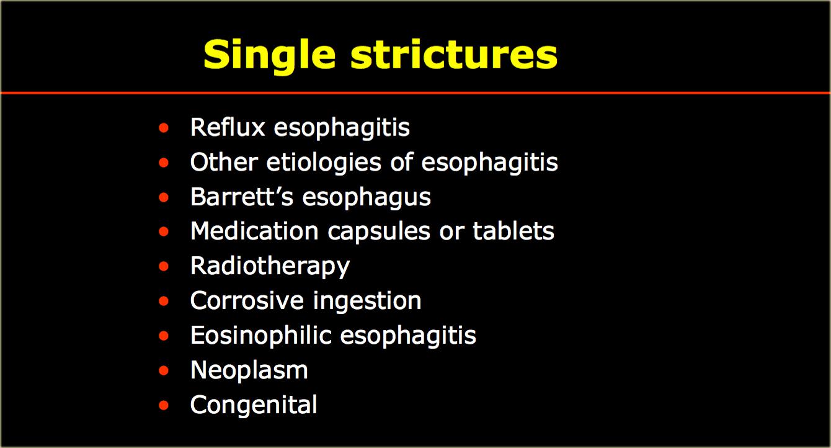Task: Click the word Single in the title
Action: click(x=270, y=56)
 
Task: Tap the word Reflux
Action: click(x=228, y=127)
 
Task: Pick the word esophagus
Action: click(x=367, y=198)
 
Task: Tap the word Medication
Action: click(x=254, y=231)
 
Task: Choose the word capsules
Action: click(x=379, y=232)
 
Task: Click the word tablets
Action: click(x=513, y=231)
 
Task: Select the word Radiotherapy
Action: click(x=270, y=267)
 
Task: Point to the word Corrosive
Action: click(x=247, y=300)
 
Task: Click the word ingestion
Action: click(x=367, y=302)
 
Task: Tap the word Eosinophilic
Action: click(x=261, y=335)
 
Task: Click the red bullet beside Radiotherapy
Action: click(x=164, y=266)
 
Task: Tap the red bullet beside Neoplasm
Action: click(x=164, y=370)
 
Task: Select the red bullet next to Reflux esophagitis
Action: click(x=164, y=128)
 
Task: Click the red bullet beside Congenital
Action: click(x=164, y=405)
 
